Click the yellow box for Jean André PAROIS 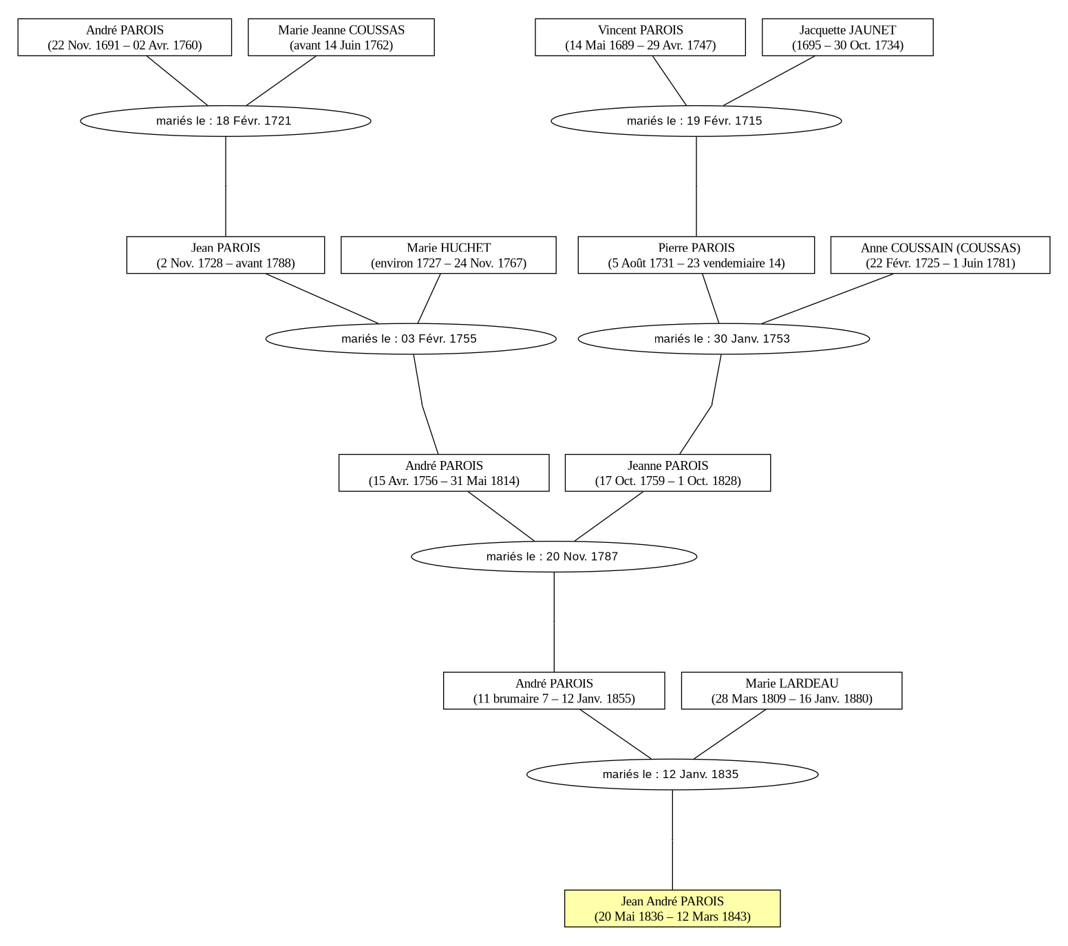(672, 908)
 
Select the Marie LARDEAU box (791, 691)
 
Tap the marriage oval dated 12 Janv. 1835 (672, 774)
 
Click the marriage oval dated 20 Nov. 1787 (554, 556)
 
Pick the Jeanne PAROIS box (667, 473)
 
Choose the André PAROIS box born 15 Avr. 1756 (444, 473)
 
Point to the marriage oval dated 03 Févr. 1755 (411, 338)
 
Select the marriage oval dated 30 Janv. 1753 (723, 338)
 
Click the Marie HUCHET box (449, 255)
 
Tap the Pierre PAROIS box (696, 255)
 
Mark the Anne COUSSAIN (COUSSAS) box (940, 255)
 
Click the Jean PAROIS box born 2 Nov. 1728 (226, 255)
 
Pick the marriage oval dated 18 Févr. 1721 (226, 120)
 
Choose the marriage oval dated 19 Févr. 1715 (696, 120)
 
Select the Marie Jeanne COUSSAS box (341, 37)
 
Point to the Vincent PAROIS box (640, 37)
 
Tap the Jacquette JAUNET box (848, 37)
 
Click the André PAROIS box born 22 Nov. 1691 (125, 37)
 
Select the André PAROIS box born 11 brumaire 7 (554, 691)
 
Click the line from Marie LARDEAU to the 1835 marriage (730, 734)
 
